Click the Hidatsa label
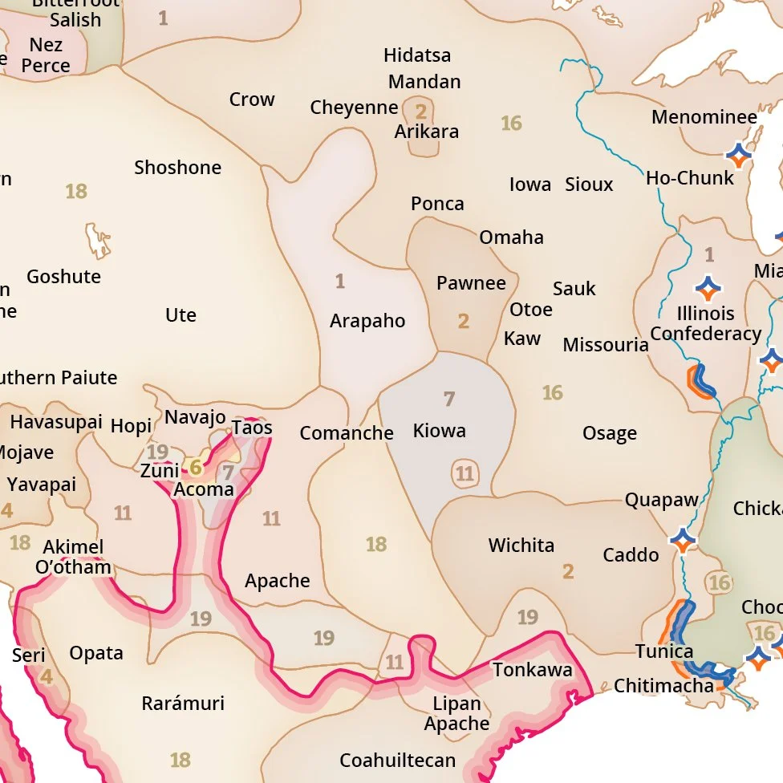tap(417, 55)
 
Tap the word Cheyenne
tap(354, 108)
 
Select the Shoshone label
tap(177, 168)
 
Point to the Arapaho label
tap(367, 321)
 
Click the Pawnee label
tap(471, 283)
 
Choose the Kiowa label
tap(439, 431)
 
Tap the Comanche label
tap(347, 433)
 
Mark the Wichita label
tap(521, 546)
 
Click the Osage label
tap(610, 434)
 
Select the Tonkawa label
tap(533, 670)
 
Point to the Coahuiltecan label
tap(397, 760)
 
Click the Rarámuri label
tap(183, 704)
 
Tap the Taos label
tap(252, 428)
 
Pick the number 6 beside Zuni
tap(195, 467)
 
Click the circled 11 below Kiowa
tap(465, 473)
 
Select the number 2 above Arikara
tap(420, 112)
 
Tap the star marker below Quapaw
tap(682, 541)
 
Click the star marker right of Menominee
tap(737, 154)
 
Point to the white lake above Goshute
tap(98, 240)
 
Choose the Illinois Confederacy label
tap(705, 323)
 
